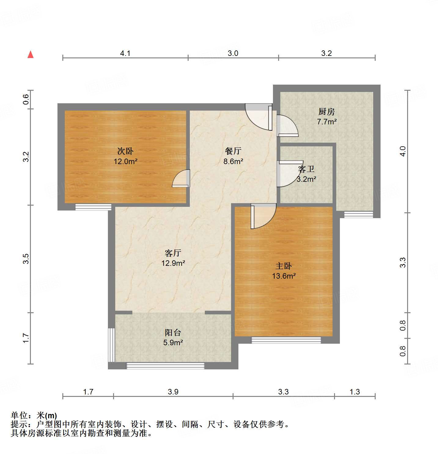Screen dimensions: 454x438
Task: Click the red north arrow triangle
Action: pyautogui.click(x=31, y=54)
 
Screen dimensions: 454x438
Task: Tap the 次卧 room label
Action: pyautogui.click(x=125, y=151)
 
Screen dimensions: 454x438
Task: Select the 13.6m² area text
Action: pyautogui.click(x=284, y=276)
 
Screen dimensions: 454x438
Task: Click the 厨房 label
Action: pyautogui.click(x=326, y=112)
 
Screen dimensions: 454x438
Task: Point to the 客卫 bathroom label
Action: pyautogui.click(x=306, y=169)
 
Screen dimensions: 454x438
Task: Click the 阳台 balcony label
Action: pyautogui.click(x=173, y=332)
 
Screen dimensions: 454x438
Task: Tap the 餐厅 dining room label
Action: pyautogui.click(x=233, y=151)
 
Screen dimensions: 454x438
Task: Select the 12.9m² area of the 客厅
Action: pyautogui.click(x=173, y=263)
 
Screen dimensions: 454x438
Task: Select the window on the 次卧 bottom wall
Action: pyautogui.click(x=93, y=207)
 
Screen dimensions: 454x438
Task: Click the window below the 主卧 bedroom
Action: pyautogui.click(x=286, y=340)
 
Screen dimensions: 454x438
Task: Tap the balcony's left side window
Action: pyautogui.click(x=112, y=345)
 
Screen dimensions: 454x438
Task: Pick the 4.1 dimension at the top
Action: pyautogui.click(x=125, y=53)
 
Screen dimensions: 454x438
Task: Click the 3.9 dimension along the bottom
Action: pyautogui.click(x=173, y=392)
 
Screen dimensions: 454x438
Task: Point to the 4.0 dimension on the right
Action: pyautogui.click(x=403, y=151)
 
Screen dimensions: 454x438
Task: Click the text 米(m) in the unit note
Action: pyautogui.click(x=47, y=416)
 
